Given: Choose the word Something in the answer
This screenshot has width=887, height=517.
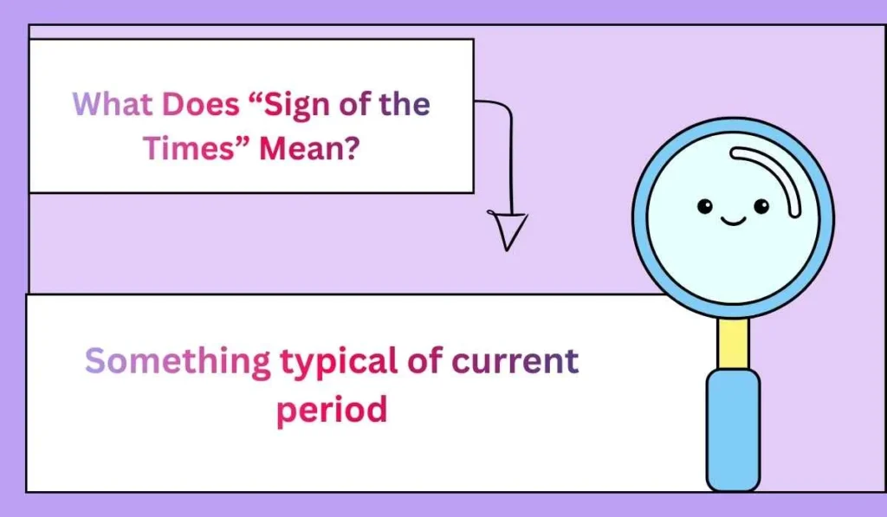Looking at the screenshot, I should [177, 361].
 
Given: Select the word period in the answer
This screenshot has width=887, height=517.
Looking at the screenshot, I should [331, 409].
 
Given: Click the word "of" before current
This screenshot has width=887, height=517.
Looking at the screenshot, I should [424, 361].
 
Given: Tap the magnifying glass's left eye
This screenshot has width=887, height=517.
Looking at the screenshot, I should [705, 206].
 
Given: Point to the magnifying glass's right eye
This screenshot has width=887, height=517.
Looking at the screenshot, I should [761, 206].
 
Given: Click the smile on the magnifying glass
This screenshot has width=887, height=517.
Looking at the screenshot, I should [733, 222].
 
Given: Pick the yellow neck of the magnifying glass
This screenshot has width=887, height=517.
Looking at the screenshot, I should [734, 343].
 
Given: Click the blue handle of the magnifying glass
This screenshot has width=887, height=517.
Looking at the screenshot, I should [733, 429].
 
